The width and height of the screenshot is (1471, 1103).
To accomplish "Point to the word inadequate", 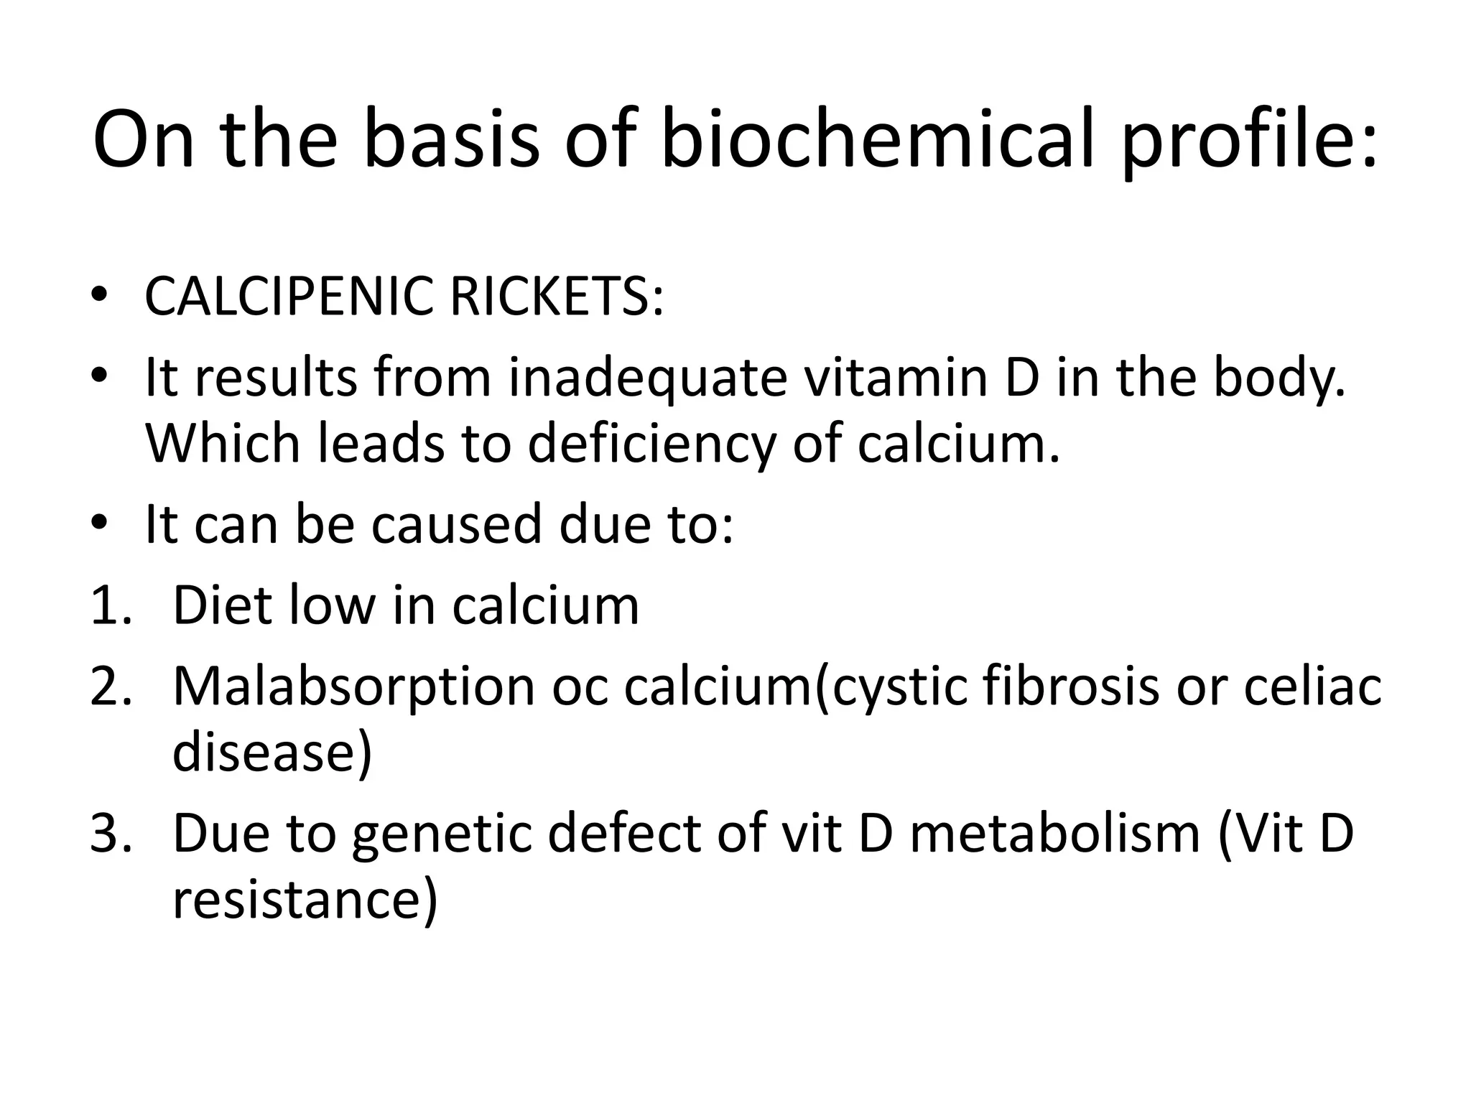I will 648,378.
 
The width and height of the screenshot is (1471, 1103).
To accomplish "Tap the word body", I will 1279,378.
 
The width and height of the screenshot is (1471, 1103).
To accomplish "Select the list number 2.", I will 111,686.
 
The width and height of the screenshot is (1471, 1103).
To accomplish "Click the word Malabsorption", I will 353,687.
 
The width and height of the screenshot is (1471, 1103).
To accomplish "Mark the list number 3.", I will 111,834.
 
